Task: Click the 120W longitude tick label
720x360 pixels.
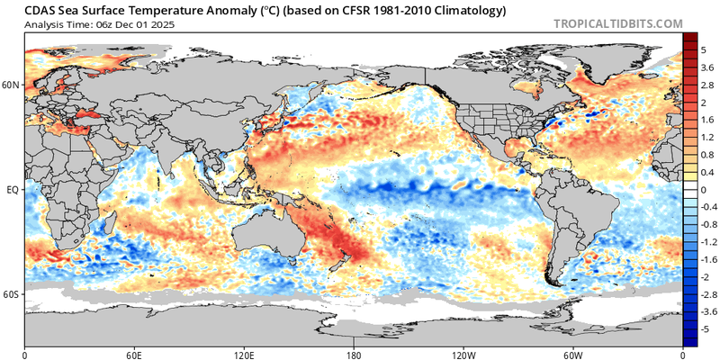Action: pyautogui.click(x=463, y=355)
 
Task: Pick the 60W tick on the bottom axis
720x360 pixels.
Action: pyautogui.click(x=573, y=355)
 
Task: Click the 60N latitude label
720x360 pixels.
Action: pyautogui.click(x=12, y=85)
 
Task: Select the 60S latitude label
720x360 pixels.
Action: pyautogui.click(x=12, y=294)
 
